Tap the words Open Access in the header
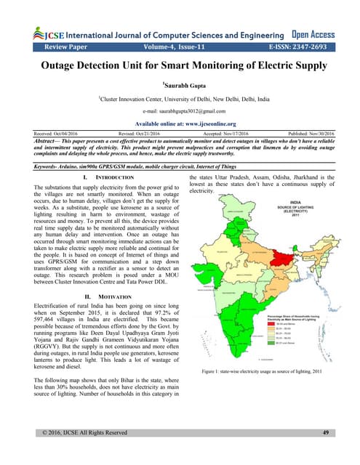pos(313,33)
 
